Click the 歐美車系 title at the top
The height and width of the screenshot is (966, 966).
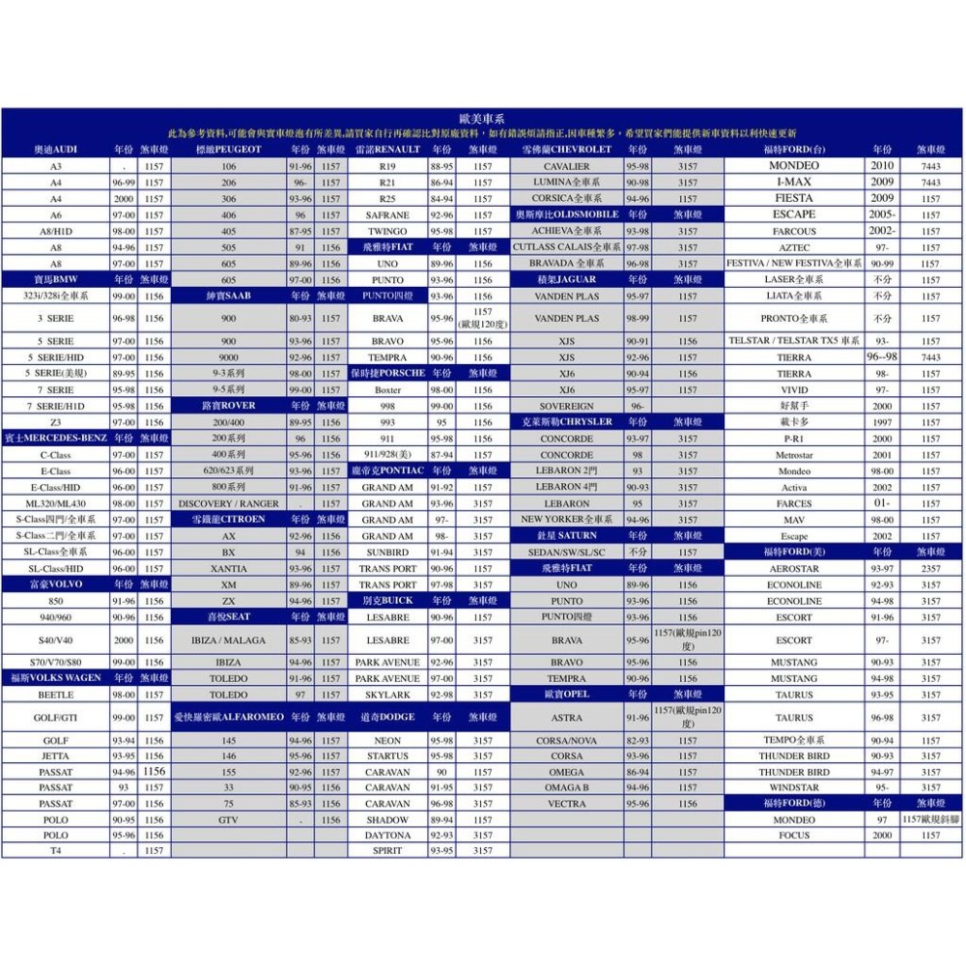[x=482, y=117]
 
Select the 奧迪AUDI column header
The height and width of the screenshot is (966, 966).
[x=56, y=150]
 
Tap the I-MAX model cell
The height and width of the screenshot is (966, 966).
[x=794, y=182]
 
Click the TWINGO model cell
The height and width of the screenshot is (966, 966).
[x=387, y=231]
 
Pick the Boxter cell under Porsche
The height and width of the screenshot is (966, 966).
[x=387, y=389]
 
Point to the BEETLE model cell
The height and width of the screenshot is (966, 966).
[x=56, y=695]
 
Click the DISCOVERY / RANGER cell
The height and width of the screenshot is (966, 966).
[x=228, y=503]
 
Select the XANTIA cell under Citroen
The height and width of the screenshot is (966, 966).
[x=228, y=569]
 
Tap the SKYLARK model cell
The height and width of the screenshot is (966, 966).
[x=387, y=695]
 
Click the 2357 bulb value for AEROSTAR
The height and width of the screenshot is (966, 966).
[x=930, y=569]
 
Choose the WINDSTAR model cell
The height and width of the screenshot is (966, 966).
[x=794, y=787]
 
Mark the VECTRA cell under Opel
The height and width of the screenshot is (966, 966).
[x=567, y=804]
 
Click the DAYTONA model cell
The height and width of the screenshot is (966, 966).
[x=387, y=836]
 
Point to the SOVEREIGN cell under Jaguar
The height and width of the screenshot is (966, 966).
[x=567, y=406]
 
